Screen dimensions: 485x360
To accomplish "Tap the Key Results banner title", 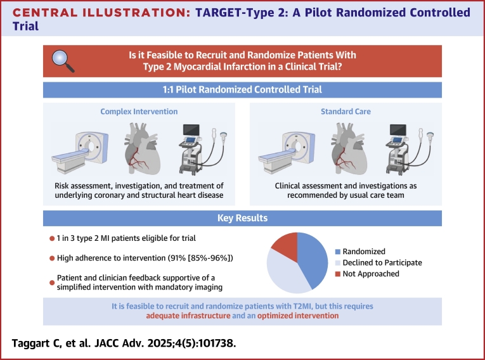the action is (242, 218).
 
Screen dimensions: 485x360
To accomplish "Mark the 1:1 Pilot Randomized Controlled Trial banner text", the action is (242, 89).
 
